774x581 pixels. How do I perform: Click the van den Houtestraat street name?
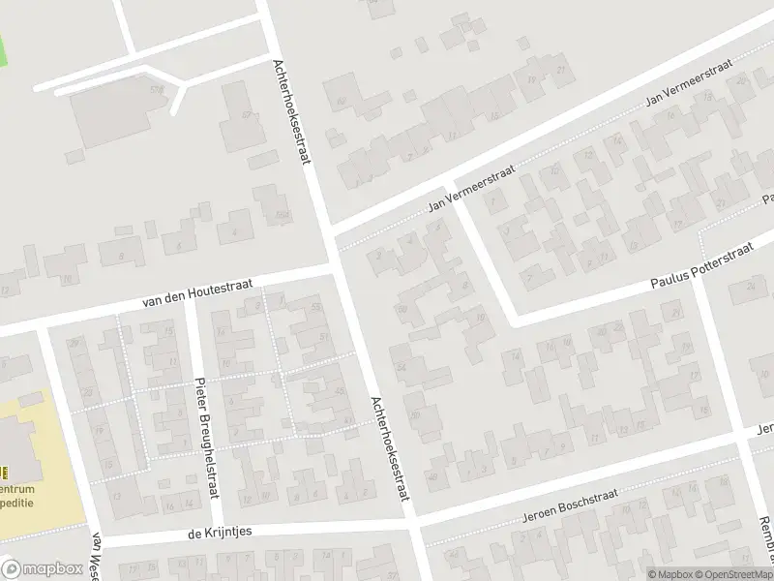[x=197, y=291]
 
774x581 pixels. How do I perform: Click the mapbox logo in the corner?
[x=40, y=569]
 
